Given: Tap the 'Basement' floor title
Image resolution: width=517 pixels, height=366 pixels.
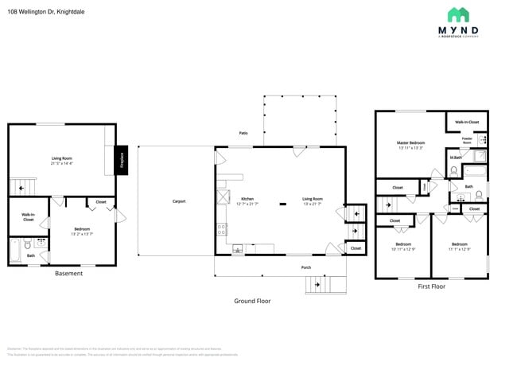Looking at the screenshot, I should pyautogui.click(x=68, y=274).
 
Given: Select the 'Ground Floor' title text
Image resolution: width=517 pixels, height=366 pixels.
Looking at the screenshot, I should pyautogui.click(x=252, y=301).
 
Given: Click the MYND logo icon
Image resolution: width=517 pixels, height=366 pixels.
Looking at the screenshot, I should pyautogui.click(x=457, y=14).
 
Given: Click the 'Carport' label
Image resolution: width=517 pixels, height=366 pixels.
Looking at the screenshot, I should pyautogui.click(x=179, y=201).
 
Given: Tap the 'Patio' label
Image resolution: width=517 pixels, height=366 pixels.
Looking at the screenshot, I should pyautogui.click(x=243, y=133).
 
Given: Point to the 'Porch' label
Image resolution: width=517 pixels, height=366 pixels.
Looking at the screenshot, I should pyautogui.click(x=306, y=267).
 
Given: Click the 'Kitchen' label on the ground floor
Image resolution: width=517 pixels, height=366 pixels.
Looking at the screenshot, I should pyautogui.click(x=247, y=199).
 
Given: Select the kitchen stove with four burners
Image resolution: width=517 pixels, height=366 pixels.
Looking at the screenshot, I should pyautogui.click(x=220, y=231).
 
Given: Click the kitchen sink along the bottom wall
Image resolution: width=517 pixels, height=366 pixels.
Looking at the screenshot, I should pyautogui.click(x=237, y=250).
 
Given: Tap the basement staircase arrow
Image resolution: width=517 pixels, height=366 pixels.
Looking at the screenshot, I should pyautogui.click(x=18, y=187).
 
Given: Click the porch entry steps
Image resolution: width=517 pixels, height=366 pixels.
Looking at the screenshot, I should pyautogui.click(x=327, y=283).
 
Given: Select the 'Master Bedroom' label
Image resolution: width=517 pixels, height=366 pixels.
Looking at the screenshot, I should pyautogui.click(x=411, y=143).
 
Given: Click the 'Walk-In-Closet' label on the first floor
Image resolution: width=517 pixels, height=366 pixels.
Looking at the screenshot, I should pyautogui.click(x=467, y=122).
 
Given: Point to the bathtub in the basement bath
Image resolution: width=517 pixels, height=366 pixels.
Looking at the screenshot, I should pyautogui.click(x=14, y=250).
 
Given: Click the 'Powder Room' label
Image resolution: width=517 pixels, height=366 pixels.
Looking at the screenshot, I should pyautogui.click(x=468, y=140).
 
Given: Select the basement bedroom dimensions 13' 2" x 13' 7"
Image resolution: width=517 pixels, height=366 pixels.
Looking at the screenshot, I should pyautogui.click(x=83, y=234).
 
